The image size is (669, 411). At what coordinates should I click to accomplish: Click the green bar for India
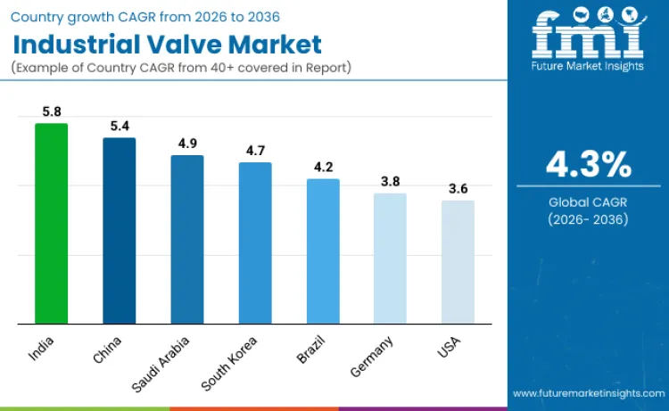[51, 223]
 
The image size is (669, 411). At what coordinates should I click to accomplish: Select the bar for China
[119, 230]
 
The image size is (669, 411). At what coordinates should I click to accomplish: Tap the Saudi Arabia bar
[187, 239]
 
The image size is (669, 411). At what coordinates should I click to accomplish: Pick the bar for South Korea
[255, 242]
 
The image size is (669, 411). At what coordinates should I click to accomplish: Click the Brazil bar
[323, 251]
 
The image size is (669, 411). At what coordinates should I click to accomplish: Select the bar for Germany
[390, 258]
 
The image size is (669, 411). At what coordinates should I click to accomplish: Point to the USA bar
[458, 261]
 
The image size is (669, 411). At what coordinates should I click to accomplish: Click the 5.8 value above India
[51, 112]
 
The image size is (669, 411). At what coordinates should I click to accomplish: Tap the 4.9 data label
[187, 144]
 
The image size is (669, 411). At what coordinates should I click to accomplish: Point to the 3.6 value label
[458, 189]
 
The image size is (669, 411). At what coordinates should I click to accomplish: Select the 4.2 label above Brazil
[323, 168]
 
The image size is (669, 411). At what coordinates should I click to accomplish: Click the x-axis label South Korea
[230, 363]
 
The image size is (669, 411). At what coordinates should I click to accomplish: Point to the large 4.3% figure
[589, 165]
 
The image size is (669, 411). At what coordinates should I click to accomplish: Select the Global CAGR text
[589, 202]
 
